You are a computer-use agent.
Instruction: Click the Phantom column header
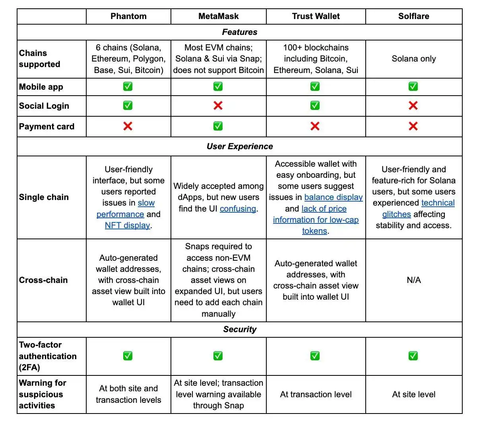point(128,16)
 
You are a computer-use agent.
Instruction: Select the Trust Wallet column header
point(316,16)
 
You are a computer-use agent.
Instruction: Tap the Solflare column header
point(413,16)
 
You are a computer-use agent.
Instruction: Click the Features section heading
point(239,32)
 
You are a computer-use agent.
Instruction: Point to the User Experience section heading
point(239,146)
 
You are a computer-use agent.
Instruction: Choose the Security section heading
point(239,329)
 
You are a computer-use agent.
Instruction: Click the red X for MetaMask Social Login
point(218,106)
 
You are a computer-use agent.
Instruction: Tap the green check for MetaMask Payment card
point(218,126)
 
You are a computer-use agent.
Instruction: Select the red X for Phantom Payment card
point(128,126)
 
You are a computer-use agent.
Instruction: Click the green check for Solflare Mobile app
point(413,87)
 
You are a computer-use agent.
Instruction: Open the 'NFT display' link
point(127,225)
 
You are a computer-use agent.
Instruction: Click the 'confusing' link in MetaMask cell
point(238,209)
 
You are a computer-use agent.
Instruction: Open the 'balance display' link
point(333,197)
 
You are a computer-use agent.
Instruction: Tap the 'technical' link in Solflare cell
point(438,203)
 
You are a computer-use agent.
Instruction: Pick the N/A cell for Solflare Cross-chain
point(413,280)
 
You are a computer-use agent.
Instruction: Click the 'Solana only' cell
point(413,59)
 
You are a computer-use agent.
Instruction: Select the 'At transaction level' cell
point(316,394)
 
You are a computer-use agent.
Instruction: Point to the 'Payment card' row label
point(47,127)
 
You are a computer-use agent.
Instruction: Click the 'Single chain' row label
point(44,197)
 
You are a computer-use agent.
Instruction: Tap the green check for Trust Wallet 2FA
point(315,356)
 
